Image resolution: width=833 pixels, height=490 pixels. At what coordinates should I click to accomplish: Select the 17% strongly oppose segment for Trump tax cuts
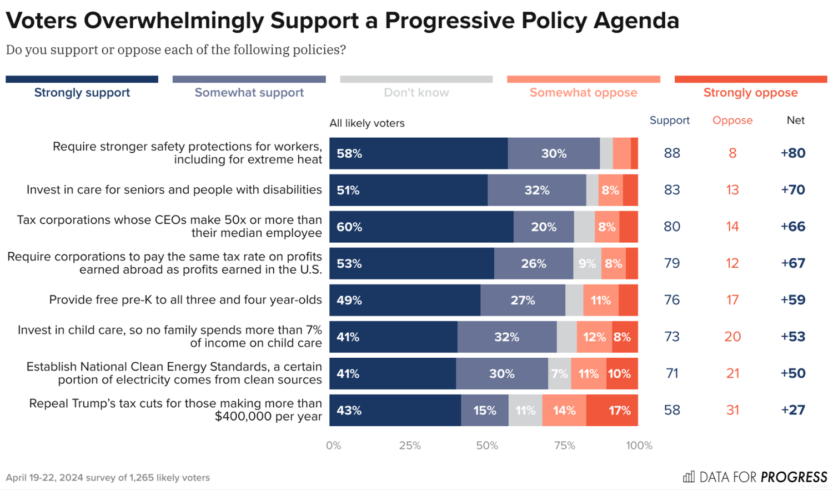coord(612,411)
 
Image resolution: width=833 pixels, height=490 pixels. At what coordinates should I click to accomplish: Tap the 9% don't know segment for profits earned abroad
coord(587,263)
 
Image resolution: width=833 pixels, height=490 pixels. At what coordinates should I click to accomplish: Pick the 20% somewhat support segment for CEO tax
coord(544,227)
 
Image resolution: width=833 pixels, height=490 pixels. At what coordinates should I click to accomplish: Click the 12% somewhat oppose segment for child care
coord(594,337)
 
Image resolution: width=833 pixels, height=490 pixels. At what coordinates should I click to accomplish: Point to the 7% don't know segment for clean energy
coord(560,373)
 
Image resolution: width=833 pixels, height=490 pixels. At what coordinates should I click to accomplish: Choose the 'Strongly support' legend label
coord(82,93)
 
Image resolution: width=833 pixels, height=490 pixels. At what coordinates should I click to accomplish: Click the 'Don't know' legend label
coord(416,93)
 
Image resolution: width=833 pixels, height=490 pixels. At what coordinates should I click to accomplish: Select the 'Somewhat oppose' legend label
coord(583,93)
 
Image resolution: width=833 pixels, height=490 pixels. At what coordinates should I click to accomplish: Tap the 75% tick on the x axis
coord(564,446)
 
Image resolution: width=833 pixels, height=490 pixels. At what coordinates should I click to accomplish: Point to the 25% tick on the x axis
coord(410,446)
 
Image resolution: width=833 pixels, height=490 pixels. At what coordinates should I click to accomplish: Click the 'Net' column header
coord(795,121)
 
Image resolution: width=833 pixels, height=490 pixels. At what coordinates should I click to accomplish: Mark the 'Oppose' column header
coord(732,121)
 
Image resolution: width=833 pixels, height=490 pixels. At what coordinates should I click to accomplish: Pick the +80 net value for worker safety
coord(793,153)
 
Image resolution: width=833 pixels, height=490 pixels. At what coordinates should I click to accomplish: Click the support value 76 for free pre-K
coord(672,300)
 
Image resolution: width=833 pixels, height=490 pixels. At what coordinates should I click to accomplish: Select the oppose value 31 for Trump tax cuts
coord(732,410)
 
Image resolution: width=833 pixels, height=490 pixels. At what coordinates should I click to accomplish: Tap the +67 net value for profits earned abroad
coord(793,263)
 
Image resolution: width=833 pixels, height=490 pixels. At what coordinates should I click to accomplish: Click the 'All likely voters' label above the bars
coord(367,123)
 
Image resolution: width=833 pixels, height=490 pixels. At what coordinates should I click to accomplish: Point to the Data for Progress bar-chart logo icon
coord(689,477)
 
